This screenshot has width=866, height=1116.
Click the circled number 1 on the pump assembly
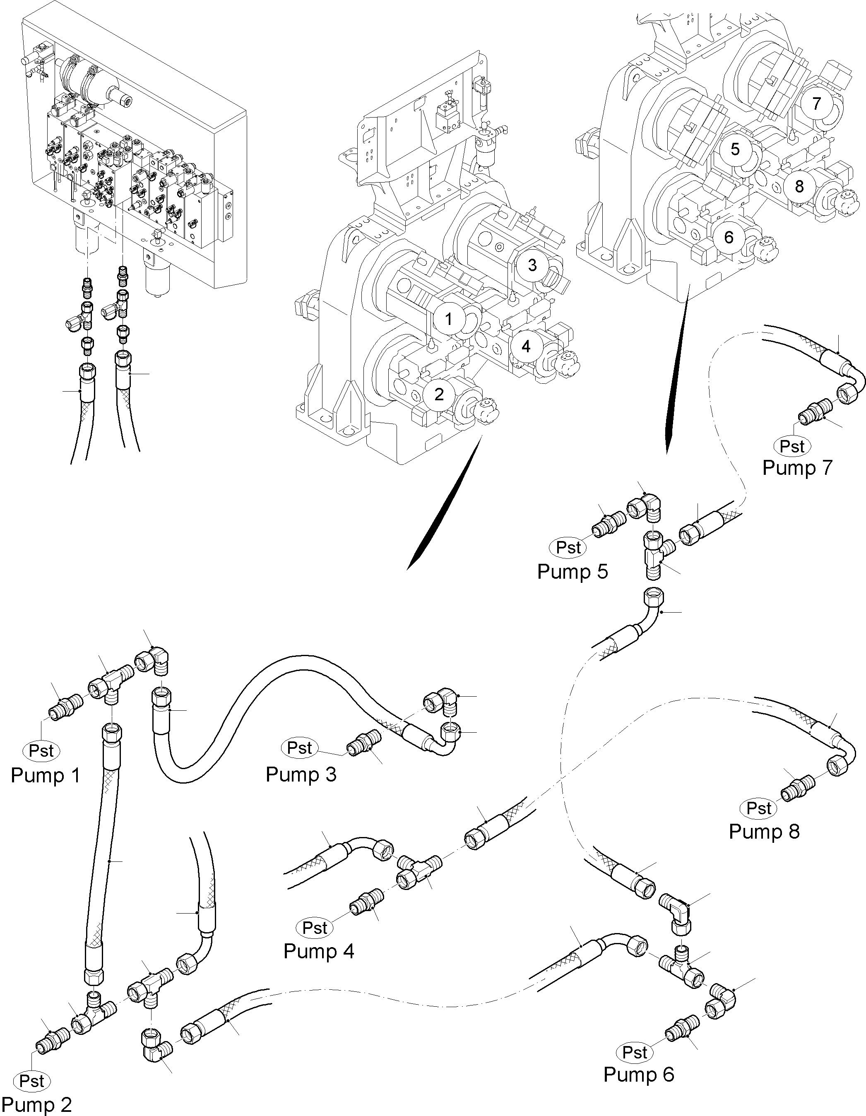pyautogui.click(x=448, y=320)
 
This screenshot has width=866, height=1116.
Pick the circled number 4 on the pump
pyautogui.click(x=526, y=346)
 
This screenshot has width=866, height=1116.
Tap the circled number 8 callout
pyautogui.click(x=799, y=187)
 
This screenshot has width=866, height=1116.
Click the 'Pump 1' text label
pyautogui.click(x=46, y=775)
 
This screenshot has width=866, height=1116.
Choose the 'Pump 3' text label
pyautogui.click(x=301, y=774)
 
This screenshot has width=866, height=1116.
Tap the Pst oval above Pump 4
pyautogui.click(x=315, y=927)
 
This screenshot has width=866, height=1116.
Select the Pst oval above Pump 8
pyautogui.click(x=759, y=808)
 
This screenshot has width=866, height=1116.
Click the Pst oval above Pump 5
pyautogui.click(x=568, y=547)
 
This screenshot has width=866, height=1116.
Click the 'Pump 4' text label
pyautogui.click(x=319, y=952)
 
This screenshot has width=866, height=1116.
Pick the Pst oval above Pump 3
pyautogui.click(x=299, y=748)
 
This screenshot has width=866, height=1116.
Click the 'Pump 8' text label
pyautogui.click(x=764, y=831)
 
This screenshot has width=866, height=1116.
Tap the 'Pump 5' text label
pyautogui.click(x=572, y=571)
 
